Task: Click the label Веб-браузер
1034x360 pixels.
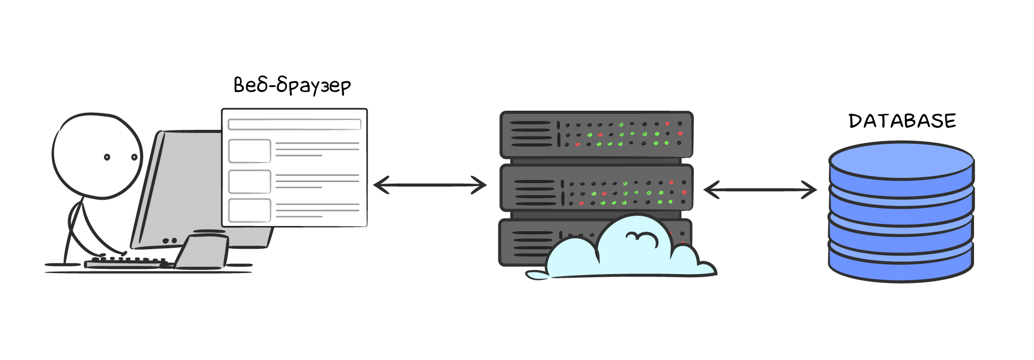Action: [x=292, y=85]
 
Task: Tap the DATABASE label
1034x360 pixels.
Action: [x=902, y=121]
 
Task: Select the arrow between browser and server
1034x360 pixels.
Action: [x=430, y=185]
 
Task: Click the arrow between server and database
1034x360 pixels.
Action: [x=760, y=190]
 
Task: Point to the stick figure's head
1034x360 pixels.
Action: [x=97, y=155]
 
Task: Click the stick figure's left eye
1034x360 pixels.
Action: [x=107, y=157]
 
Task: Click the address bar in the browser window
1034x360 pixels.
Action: [x=294, y=125]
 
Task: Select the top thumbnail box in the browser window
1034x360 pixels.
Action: [x=250, y=151]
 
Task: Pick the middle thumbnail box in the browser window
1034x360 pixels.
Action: [x=250, y=181]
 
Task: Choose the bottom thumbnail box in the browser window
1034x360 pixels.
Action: [x=250, y=210]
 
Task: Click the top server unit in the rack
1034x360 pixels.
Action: [x=596, y=134]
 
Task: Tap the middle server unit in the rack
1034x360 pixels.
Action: [x=596, y=188]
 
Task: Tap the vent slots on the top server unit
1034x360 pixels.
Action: [x=530, y=134]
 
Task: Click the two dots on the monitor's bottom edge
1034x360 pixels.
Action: [x=170, y=241]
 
